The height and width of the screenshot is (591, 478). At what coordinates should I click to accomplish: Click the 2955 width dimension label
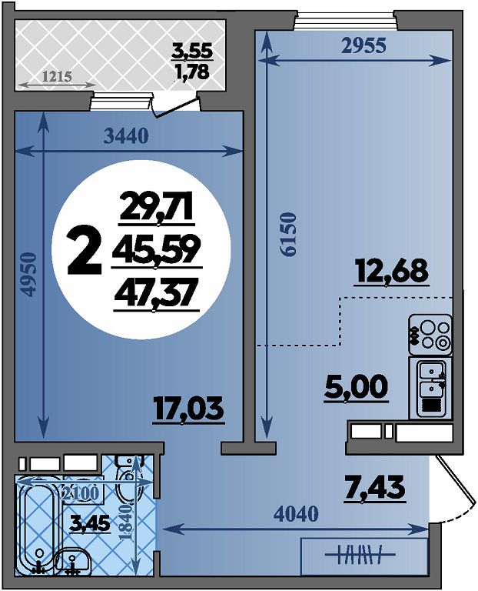[364, 45]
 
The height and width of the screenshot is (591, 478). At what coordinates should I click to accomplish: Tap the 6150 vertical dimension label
[289, 235]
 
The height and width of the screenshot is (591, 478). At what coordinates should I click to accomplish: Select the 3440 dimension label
[126, 136]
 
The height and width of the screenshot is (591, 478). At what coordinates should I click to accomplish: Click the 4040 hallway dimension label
[296, 513]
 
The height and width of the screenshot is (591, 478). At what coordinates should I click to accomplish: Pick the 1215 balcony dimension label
[57, 77]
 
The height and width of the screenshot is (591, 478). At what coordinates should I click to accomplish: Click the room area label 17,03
[188, 409]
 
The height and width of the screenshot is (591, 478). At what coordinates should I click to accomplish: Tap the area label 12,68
[392, 271]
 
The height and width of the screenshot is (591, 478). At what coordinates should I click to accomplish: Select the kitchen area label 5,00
[356, 387]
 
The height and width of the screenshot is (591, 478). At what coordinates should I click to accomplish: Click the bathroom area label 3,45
[90, 523]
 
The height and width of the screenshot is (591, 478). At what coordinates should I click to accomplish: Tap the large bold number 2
[85, 252]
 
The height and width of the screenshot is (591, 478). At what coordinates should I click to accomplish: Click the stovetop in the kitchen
[430, 335]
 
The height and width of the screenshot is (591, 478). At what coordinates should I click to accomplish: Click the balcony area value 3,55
[192, 51]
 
